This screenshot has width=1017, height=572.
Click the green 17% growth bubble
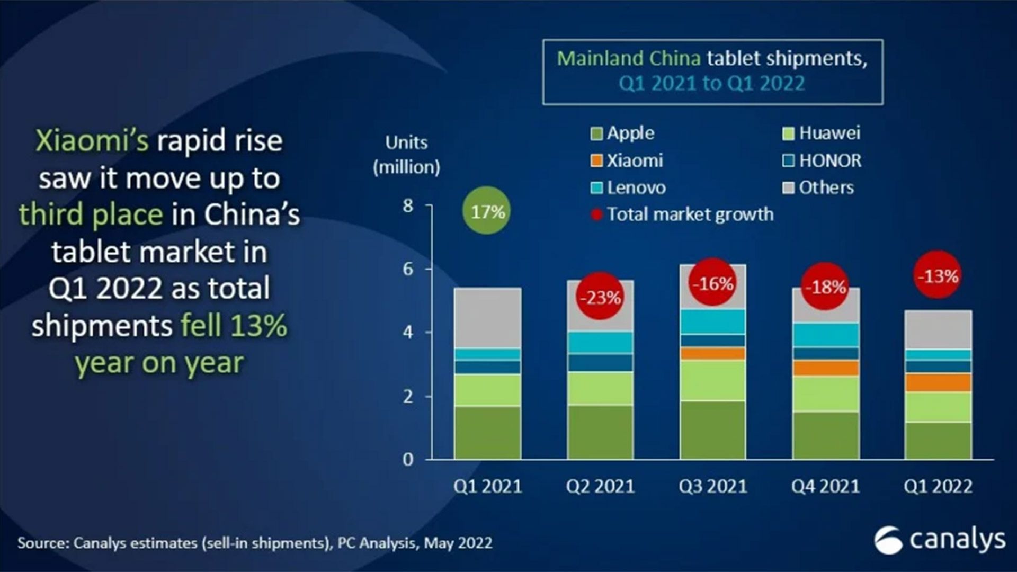487,211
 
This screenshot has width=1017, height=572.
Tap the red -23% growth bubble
600,297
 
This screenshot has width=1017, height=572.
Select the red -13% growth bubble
938,275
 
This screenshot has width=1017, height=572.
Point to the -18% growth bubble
825,287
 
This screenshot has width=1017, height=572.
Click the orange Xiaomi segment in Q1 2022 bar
938,382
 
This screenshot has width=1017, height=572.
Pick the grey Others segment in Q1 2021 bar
487,318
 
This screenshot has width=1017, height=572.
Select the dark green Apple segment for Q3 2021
712,430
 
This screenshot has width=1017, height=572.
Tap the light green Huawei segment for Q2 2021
600,388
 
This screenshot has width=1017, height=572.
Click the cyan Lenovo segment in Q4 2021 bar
825,334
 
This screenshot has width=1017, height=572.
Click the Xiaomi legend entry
628,160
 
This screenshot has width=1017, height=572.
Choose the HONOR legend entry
822,160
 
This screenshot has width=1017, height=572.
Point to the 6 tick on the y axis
407,269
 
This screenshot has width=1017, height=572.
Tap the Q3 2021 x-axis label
712,486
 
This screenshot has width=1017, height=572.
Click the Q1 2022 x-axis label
938,486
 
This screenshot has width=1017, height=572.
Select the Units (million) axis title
406,155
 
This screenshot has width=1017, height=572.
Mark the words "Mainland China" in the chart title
629,58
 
